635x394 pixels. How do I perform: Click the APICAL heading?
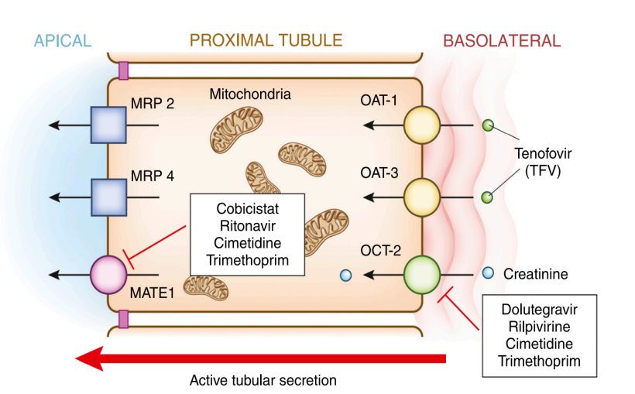(x=63, y=41)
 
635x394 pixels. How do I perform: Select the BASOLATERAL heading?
(x=502, y=41)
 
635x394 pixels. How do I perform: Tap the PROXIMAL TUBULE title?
(x=266, y=40)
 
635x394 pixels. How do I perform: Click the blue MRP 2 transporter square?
(x=108, y=125)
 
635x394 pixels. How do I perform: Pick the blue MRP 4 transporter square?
(x=108, y=197)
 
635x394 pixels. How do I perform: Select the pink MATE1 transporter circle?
(x=108, y=275)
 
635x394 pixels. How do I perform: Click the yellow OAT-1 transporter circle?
(x=422, y=125)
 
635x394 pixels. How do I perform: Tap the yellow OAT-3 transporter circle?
(x=422, y=197)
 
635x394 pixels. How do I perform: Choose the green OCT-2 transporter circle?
(x=422, y=275)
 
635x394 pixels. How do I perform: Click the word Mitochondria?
(x=250, y=94)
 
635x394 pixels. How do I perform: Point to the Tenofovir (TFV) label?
(x=543, y=162)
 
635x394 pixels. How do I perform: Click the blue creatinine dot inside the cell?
(x=346, y=276)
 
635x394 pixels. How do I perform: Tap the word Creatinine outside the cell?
(x=535, y=274)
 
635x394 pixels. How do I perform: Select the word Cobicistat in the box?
(x=248, y=208)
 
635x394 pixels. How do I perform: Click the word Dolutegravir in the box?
(x=540, y=310)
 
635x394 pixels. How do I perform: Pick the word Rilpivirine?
(x=540, y=327)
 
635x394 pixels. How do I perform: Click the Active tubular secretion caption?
(x=263, y=381)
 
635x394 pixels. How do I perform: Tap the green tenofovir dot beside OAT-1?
(x=488, y=125)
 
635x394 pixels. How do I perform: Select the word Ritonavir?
(x=248, y=226)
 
